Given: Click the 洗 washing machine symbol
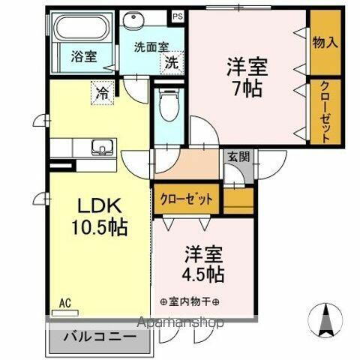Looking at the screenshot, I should click(x=172, y=62).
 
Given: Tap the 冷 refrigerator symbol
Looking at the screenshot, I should click(x=100, y=93).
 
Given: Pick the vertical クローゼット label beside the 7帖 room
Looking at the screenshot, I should click(x=325, y=110).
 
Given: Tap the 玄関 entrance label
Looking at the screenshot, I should click(x=240, y=157).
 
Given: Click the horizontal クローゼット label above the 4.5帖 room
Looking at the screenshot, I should click(x=187, y=199).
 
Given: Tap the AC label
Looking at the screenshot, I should click(x=65, y=303).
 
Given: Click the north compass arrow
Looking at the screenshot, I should click(x=326, y=319).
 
